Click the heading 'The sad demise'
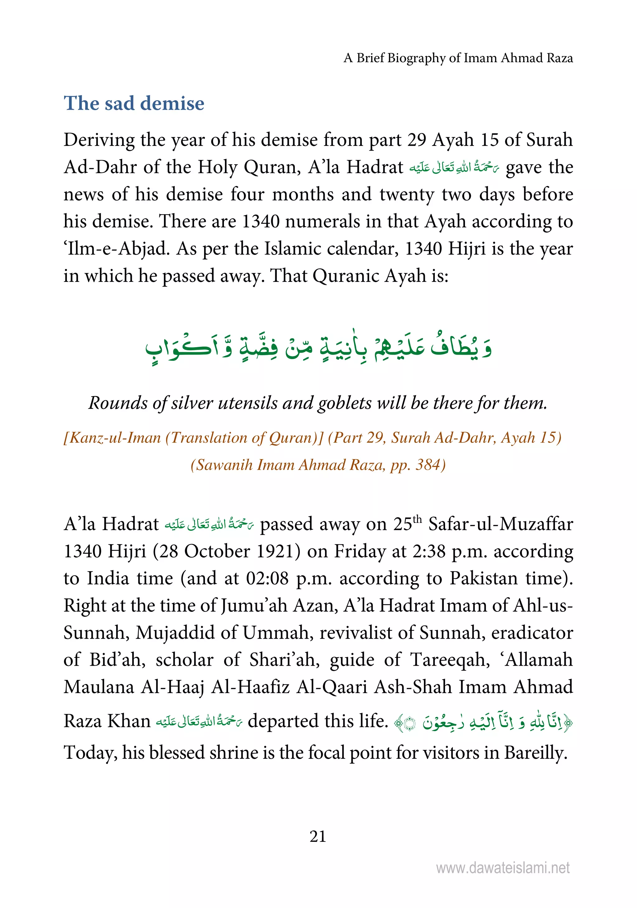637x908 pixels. pos(134,104)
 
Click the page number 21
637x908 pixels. pos(318,836)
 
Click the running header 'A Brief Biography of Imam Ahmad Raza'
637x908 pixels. pos(458,58)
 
